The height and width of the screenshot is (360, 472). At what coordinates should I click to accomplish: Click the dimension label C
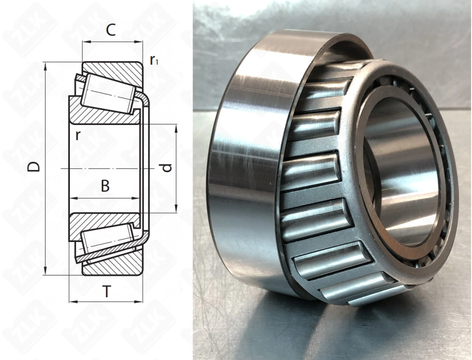point(110,31)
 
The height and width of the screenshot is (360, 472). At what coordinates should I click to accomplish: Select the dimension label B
point(105,186)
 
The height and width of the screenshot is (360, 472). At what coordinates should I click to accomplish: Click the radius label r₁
point(153,60)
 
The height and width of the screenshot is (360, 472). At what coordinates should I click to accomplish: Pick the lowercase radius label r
point(77,135)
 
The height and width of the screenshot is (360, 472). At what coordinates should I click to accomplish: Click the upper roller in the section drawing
point(106,95)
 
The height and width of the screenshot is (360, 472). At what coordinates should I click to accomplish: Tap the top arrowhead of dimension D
point(45,66)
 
